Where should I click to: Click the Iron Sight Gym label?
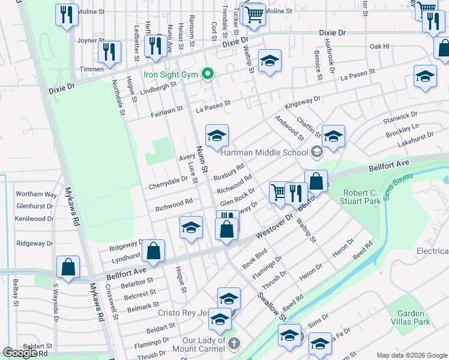pyautogui.click(x=170, y=74)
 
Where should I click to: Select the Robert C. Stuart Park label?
pyautogui.click(x=362, y=197)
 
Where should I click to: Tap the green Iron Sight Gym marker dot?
pyautogui.click(x=208, y=74)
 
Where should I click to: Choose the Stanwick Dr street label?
pyautogui.click(x=400, y=116)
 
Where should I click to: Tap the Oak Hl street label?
pyautogui.click(x=379, y=46)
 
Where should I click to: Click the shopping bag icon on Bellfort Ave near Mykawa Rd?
pyautogui.click(x=68, y=267)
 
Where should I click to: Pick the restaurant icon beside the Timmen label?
pyautogui.click(x=109, y=52)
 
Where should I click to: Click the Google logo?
pyautogui.click(x=20, y=353)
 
